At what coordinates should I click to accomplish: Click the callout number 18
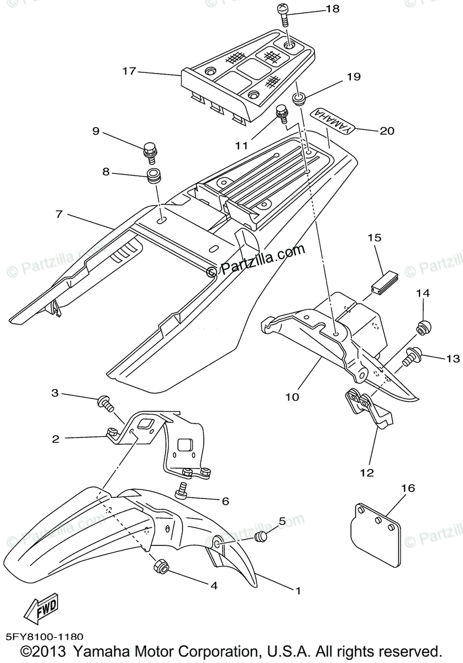click(x=333, y=9)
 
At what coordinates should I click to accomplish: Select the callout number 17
click(x=129, y=71)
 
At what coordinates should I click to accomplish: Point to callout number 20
click(x=387, y=131)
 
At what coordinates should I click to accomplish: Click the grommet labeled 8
click(x=153, y=177)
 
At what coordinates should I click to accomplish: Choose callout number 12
click(x=367, y=472)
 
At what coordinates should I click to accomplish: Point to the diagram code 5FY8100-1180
click(x=46, y=637)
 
